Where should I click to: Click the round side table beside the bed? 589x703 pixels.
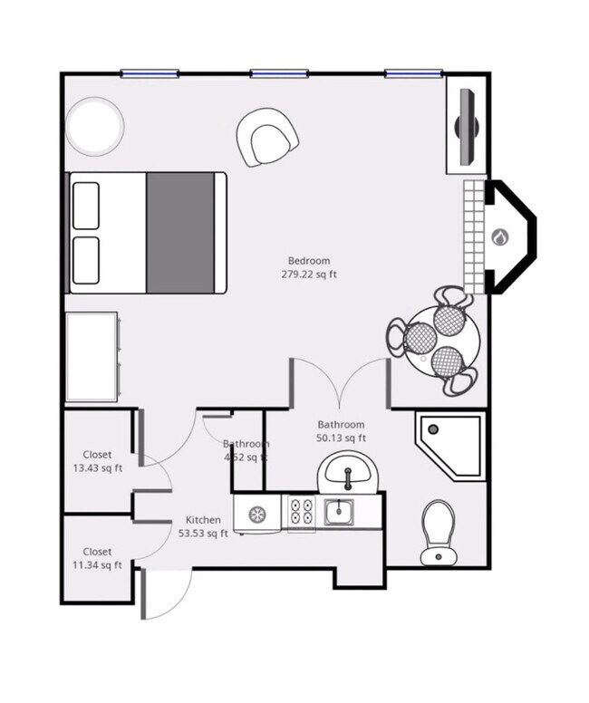point(94,127)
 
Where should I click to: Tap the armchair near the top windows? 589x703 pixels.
point(267,137)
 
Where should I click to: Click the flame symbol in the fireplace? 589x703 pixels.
point(499,237)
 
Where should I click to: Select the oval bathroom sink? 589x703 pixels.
point(346,472)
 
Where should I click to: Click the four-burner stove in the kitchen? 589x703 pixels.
point(301,514)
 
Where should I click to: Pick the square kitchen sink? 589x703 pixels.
point(340,514)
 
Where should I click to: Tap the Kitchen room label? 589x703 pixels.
point(203,520)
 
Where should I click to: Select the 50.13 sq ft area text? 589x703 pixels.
point(341,438)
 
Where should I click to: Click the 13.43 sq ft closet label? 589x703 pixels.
point(97,468)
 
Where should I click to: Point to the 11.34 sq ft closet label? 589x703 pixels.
point(97,565)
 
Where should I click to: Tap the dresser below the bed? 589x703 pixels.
point(92,356)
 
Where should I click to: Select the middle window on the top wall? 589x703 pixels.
point(276,73)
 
